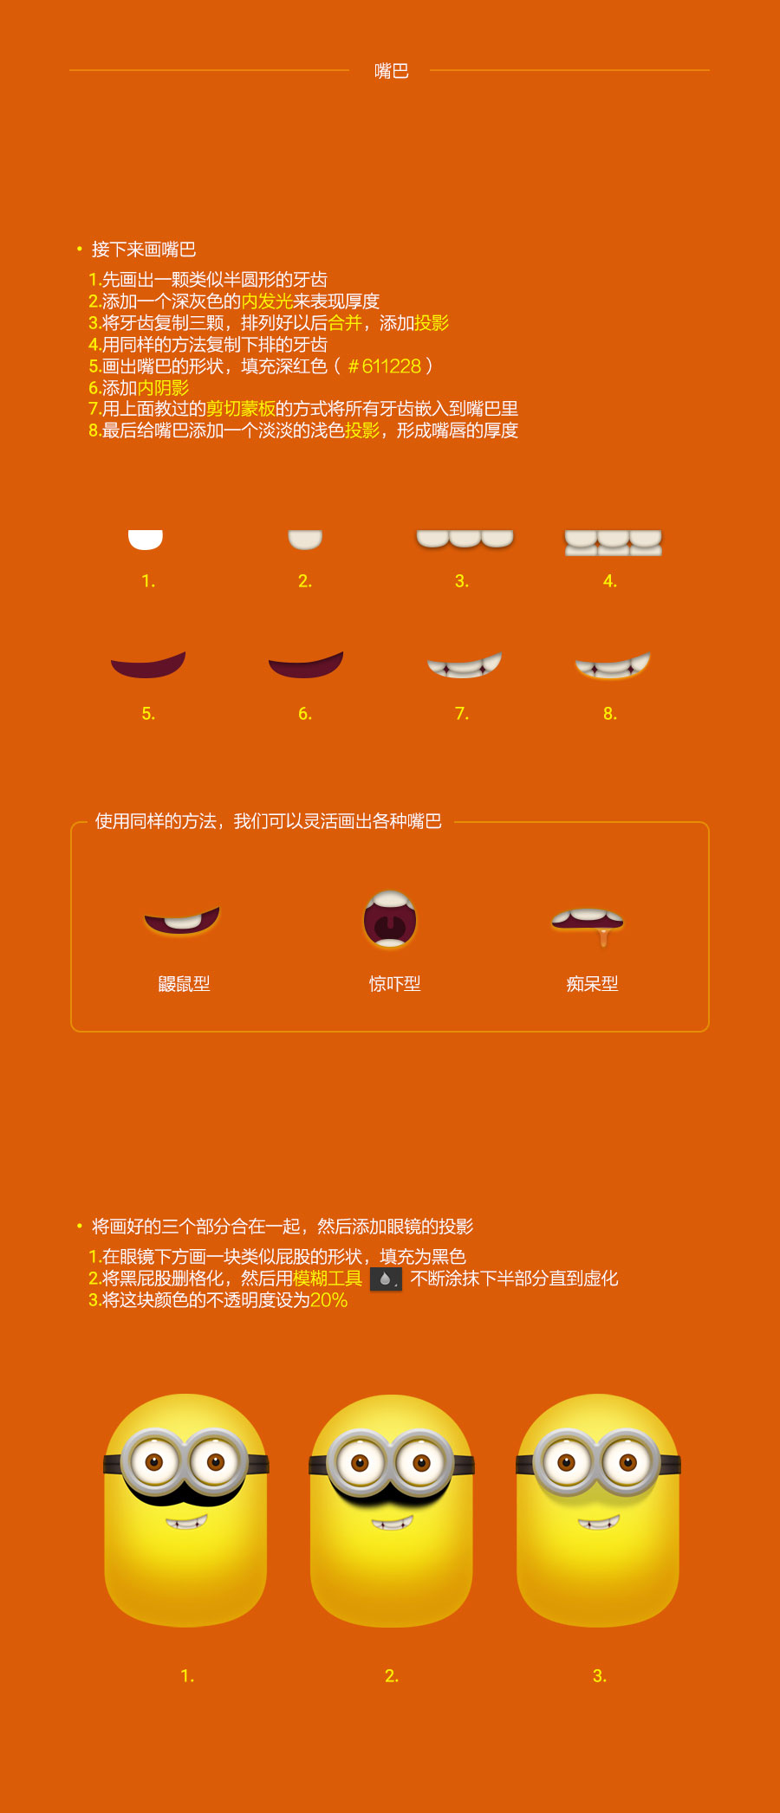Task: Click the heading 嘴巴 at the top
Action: click(x=391, y=71)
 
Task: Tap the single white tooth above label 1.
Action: click(x=146, y=540)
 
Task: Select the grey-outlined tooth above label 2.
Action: click(x=305, y=540)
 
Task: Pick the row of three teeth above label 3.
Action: click(x=465, y=539)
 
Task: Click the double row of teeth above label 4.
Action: click(x=614, y=542)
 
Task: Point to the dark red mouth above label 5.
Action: click(x=148, y=664)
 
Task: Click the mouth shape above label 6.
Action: click(x=306, y=664)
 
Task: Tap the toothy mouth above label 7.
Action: click(x=465, y=665)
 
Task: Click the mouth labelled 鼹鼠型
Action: click(x=182, y=920)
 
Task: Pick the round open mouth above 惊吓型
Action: click(x=390, y=919)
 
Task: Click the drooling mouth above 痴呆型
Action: click(x=588, y=924)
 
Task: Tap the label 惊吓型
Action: click(x=394, y=983)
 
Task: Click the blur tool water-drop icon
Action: click(x=386, y=1279)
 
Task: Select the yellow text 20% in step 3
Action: click(x=329, y=1300)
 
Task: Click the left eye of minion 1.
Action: click(x=154, y=1463)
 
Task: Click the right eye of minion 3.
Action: click(x=627, y=1463)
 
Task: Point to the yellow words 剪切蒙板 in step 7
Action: click(x=241, y=408)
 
